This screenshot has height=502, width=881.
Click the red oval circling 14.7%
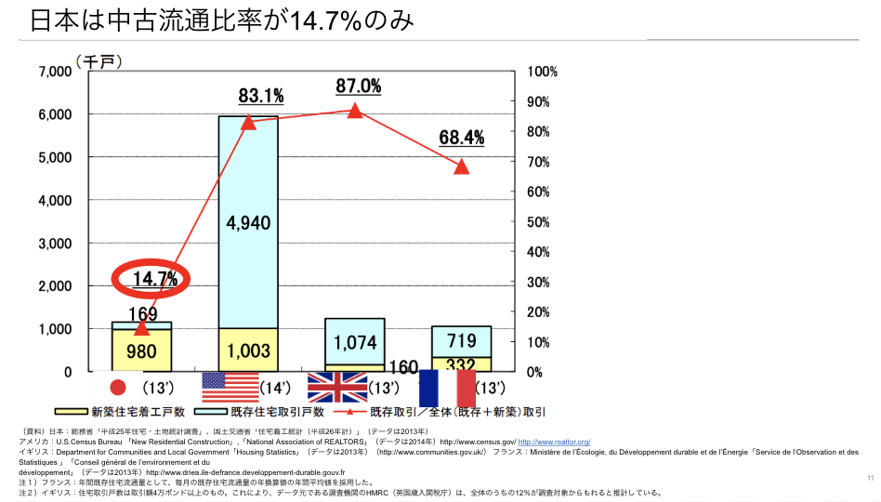pos(151,278)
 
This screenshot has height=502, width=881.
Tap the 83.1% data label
pos(261,96)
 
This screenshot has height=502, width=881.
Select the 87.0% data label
pos(359,86)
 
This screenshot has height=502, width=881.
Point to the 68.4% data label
pos(462,139)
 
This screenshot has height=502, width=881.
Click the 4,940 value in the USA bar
pos(248,222)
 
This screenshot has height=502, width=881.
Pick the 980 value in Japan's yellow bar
pos(141,351)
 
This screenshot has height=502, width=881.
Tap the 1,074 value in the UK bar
pos(355,343)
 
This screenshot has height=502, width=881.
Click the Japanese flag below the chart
pos(118,387)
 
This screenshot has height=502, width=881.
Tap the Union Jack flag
pos(337,387)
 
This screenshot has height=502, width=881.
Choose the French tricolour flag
pos(447,387)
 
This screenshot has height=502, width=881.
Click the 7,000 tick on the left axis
pos(55,72)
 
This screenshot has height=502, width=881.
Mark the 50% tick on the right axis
pos(541,222)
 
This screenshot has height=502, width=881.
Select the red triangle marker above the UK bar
pos(355,110)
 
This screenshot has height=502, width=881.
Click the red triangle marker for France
pos(462,166)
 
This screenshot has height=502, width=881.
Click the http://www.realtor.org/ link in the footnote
pos(554,442)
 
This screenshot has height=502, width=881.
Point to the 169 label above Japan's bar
pos(141,314)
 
